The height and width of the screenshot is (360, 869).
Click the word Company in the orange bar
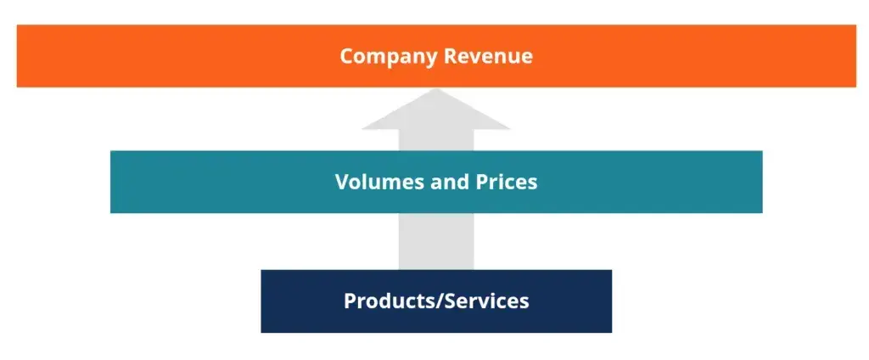(x=387, y=57)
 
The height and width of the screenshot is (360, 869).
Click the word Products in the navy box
(x=386, y=301)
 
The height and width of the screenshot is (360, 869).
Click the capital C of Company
(x=346, y=57)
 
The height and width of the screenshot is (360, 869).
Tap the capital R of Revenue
(x=446, y=57)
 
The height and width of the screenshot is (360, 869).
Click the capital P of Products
(x=350, y=301)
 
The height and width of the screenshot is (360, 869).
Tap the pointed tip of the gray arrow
(x=435, y=89)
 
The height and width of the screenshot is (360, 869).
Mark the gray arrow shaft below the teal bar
(x=435, y=241)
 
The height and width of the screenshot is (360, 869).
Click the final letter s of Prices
(x=532, y=183)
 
